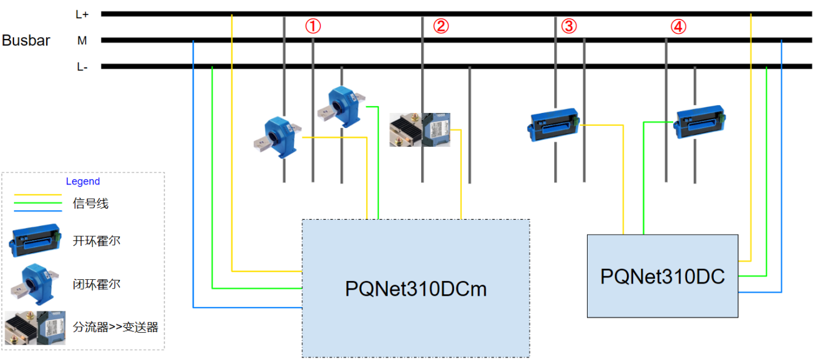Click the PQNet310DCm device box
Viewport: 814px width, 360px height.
click(x=416, y=288)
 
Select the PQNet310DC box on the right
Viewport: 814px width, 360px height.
click(x=662, y=276)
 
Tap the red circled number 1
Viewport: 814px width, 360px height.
click(x=313, y=26)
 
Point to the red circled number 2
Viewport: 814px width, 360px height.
click(x=441, y=26)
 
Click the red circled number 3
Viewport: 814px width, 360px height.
click(x=569, y=26)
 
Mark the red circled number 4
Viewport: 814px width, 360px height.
click(x=679, y=26)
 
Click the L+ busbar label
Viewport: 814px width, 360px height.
click(x=83, y=15)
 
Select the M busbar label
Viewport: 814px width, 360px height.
click(x=82, y=41)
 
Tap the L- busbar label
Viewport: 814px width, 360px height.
click(x=83, y=67)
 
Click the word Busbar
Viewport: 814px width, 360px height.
click(x=26, y=41)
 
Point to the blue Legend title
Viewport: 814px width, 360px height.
click(x=83, y=182)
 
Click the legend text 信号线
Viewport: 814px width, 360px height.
click(x=90, y=203)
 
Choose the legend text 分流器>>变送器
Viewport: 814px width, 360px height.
click(x=115, y=327)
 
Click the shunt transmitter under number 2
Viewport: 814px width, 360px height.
click(x=420, y=129)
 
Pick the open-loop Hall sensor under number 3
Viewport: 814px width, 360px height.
click(x=553, y=124)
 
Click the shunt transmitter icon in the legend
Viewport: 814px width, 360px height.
click(x=35, y=328)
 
